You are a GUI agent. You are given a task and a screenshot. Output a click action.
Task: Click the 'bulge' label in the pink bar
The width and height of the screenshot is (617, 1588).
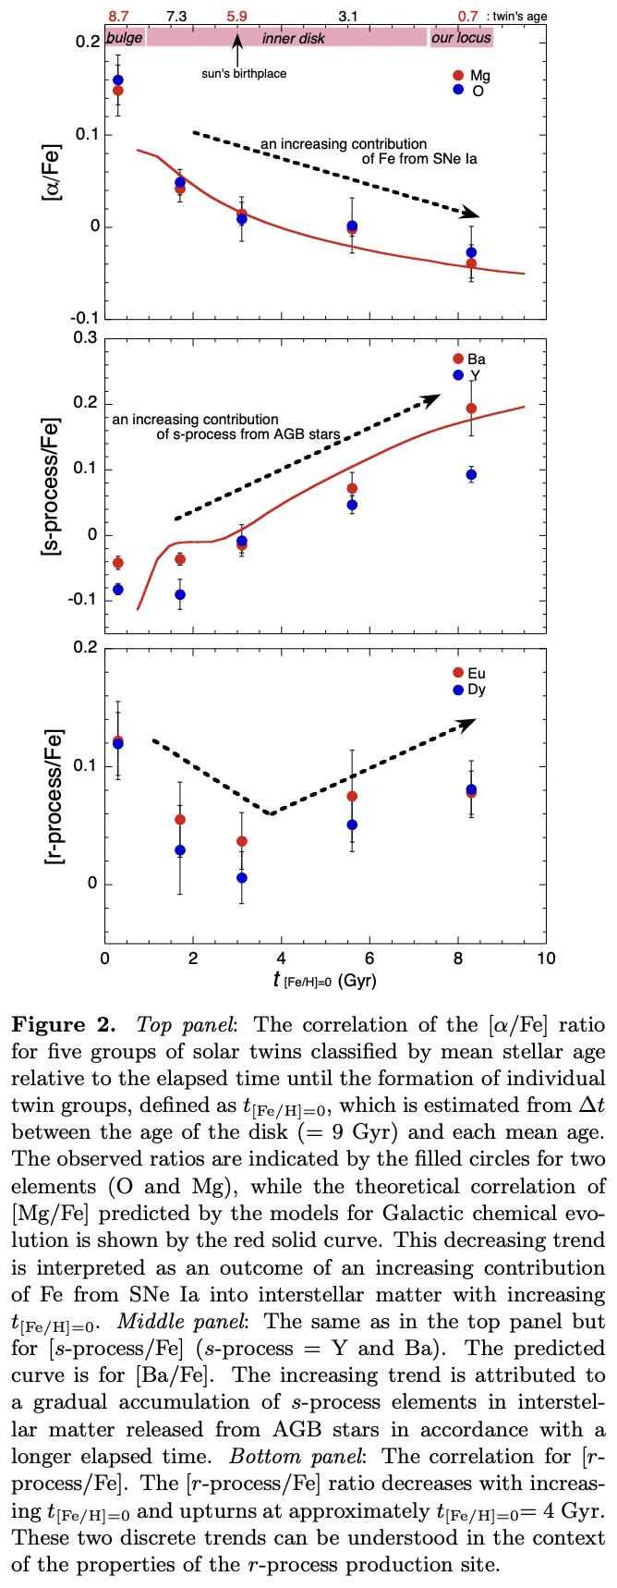pos(125,38)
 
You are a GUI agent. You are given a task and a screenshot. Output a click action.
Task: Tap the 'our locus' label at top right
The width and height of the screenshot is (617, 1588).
pos(456,38)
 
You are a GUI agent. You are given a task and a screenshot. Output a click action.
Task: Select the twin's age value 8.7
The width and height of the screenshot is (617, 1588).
pos(118,16)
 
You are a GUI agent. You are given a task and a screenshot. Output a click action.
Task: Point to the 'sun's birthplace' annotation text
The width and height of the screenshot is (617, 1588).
pos(244,74)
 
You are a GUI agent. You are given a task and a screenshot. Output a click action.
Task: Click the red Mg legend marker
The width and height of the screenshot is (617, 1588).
pos(457,75)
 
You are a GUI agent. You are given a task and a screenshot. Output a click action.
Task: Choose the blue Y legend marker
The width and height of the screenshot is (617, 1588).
pos(457,374)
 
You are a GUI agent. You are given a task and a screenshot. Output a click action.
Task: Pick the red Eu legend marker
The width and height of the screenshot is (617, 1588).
pos(457,673)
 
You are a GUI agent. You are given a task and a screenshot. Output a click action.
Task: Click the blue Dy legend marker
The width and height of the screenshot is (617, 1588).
pos(457,690)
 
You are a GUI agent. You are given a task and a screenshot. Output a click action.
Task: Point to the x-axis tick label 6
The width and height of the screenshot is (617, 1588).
pos(369,959)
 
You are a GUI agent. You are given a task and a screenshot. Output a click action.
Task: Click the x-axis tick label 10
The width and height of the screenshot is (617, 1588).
pos(547,959)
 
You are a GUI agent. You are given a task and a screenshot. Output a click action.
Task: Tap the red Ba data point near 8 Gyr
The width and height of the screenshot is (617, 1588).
pos(471,409)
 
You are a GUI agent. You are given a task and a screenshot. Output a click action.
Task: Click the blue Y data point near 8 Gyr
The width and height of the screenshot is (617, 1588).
pos(471,474)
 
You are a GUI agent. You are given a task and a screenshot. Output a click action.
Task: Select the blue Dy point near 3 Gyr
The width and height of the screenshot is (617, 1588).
pos(241,877)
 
